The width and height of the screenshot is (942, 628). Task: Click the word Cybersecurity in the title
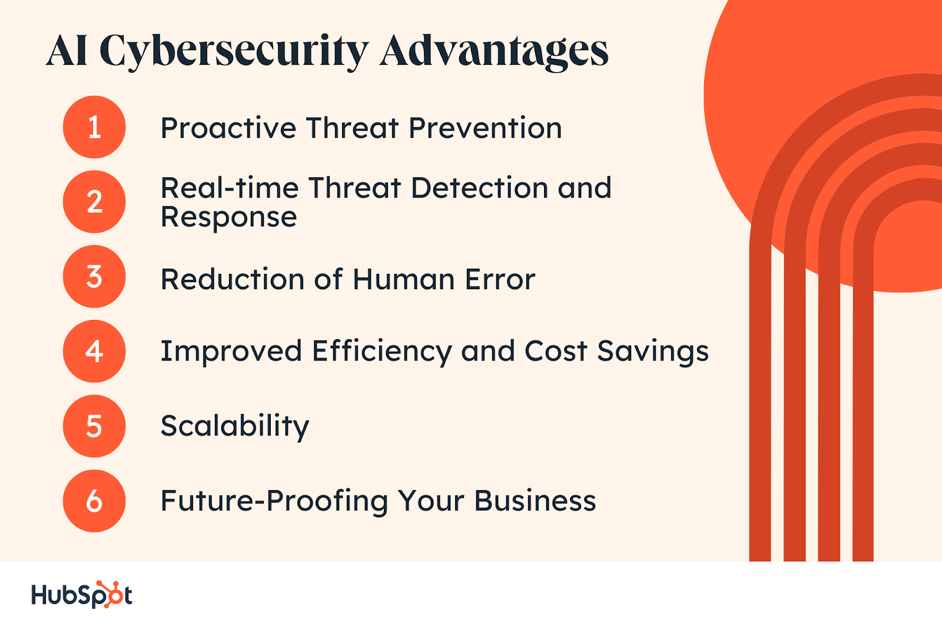[x=235, y=52]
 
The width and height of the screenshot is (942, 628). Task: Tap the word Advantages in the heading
[x=494, y=52]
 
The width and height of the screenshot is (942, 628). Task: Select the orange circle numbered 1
[x=94, y=127]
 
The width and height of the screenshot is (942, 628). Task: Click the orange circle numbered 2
[x=94, y=201]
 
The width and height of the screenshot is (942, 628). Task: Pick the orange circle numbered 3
[x=94, y=276]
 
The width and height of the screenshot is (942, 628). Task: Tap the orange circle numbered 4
[x=94, y=351]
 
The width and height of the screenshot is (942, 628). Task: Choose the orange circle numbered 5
[x=94, y=426]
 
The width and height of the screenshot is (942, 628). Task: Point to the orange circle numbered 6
[x=94, y=501]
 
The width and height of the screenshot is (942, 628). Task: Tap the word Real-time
[x=230, y=188]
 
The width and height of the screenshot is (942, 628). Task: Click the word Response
[x=229, y=218]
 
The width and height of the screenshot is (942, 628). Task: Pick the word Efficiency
[x=382, y=352]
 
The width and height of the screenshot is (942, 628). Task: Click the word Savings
[x=653, y=352]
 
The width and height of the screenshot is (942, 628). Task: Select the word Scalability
[x=235, y=427]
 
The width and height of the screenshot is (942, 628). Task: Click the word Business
[x=535, y=501]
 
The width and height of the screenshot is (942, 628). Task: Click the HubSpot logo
[x=82, y=594]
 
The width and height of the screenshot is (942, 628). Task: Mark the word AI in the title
[x=67, y=51]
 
